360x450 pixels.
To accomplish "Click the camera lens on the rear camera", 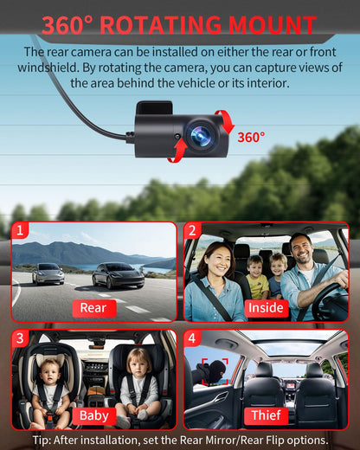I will coord(200,134).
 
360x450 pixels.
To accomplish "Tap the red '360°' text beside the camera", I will coord(251,137).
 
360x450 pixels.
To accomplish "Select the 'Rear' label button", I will coord(93,307).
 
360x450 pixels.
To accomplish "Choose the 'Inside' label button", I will coord(266,308).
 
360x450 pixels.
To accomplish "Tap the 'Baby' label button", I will coord(93,415).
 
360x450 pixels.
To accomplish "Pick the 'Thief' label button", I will coord(266,415).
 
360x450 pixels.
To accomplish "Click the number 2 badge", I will coord(192,231).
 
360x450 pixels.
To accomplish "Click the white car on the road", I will coord(48,273).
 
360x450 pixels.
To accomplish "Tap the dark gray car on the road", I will coord(118,275).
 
